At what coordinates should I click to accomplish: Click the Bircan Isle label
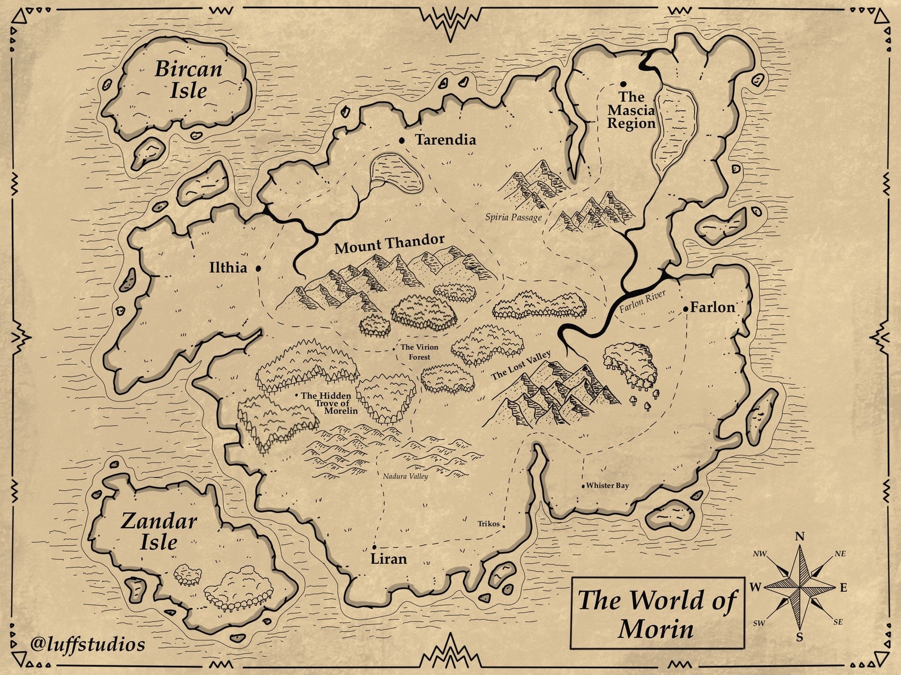188,79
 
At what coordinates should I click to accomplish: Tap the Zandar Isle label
159,531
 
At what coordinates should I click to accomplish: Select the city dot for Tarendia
402,140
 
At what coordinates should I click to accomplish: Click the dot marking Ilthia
258,268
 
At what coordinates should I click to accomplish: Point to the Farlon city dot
686,309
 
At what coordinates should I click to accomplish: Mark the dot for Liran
374,547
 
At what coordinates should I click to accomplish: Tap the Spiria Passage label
513,217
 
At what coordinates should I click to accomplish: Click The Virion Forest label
419,352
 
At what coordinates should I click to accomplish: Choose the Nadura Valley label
405,476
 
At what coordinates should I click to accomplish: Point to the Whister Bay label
607,486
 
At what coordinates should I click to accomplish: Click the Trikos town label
489,524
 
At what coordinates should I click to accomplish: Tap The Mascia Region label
631,111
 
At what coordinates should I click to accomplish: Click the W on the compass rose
755,588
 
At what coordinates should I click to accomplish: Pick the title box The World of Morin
657,613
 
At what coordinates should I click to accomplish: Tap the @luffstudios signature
88,644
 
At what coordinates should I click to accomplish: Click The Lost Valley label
520,366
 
